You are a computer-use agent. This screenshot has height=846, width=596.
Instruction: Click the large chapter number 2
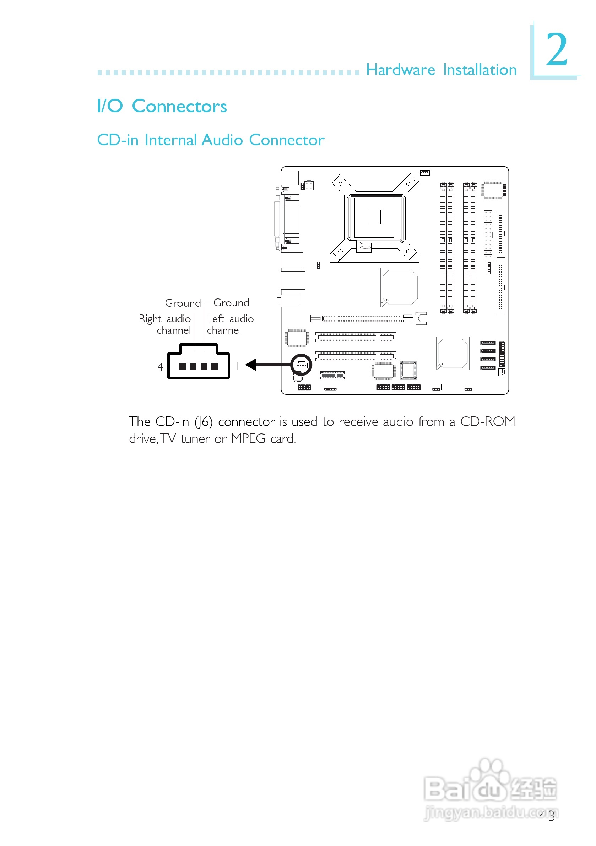(x=557, y=49)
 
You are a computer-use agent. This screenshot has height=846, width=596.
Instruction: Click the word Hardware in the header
(x=400, y=70)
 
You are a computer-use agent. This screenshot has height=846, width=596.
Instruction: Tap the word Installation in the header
(x=479, y=70)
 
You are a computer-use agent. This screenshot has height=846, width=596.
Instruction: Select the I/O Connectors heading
(x=162, y=106)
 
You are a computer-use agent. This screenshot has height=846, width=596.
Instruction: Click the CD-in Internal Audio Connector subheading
(x=210, y=140)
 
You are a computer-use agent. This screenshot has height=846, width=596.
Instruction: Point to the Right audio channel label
(x=165, y=324)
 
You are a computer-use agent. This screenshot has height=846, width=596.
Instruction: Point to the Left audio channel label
(x=230, y=324)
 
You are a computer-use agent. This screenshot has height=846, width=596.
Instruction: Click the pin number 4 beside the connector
(x=160, y=367)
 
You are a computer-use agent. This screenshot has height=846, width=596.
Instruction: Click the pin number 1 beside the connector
(x=237, y=366)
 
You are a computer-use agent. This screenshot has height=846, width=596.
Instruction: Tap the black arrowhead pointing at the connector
(x=251, y=365)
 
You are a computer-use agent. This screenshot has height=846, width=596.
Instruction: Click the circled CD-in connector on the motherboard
(x=301, y=365)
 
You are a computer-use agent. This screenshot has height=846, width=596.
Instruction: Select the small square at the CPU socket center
(x=374, y=217)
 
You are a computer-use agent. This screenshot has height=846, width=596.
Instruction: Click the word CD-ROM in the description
(x=487, y=421)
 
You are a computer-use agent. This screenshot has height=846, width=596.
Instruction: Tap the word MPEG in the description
(x=248, y=439)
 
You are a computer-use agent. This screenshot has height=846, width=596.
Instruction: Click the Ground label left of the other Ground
(x=183, y=303)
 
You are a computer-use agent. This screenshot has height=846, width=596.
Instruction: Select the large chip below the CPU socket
(x=400, y=287)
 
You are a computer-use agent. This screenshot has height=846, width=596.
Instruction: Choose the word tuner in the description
(x=195, y=439)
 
